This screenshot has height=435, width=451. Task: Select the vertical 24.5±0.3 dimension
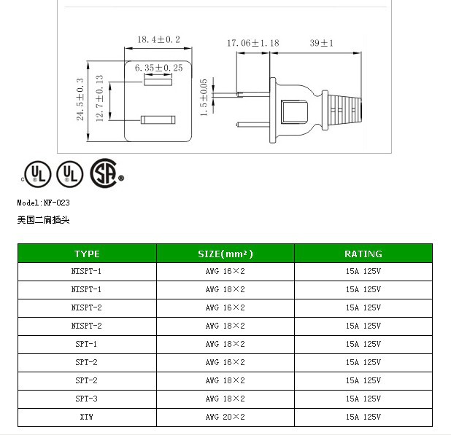tap(81, 101)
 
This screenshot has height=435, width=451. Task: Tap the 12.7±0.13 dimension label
tap(99, 101)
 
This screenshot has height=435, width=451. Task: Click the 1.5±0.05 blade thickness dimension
tap(204, 97)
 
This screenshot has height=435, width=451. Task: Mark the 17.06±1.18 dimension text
tap(253, 43)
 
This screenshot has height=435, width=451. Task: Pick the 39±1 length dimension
tap(321, 43)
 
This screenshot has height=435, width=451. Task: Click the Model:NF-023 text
tap(43, 203)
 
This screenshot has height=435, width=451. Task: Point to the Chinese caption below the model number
tap(43, 219)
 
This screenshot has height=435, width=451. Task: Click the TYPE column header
tap(87, 254)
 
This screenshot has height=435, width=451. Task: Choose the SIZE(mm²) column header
tap(225, 254)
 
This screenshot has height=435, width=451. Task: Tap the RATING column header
tap(363, 254)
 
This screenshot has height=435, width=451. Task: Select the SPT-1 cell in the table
tap(86, 344)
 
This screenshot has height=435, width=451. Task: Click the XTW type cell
tap(86, 417)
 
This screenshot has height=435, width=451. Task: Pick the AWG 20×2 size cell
tap(225, 417)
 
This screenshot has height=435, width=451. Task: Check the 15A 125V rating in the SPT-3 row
tap(363, 399)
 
